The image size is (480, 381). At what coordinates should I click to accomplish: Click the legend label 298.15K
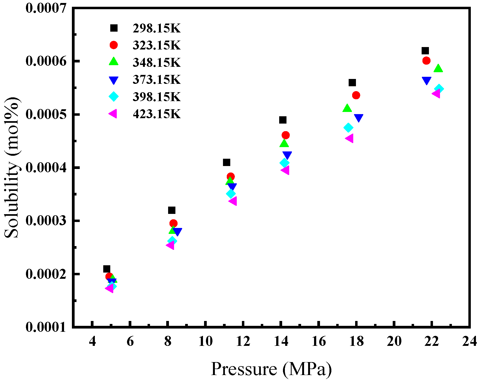(x=156, y=28)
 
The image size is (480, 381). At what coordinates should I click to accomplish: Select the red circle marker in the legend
(x=114, y=45)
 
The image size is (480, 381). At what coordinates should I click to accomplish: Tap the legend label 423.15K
(x=156, y=114)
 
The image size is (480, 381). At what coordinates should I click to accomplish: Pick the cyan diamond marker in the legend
(x=114, y=97)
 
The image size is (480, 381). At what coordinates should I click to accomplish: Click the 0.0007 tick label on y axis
(x=46, y=8)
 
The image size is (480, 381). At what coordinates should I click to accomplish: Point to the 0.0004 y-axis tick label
(x=46, y=168)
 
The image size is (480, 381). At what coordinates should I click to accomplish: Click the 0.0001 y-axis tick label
(x=46, y=327)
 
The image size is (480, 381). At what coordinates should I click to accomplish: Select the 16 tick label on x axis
(x=319, y=342)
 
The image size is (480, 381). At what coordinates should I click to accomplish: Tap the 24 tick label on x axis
(x=469, y=342)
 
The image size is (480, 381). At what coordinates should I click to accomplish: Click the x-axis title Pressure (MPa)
(x=271, y=369)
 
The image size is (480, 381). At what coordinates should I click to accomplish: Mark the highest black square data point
(x=425, y=51)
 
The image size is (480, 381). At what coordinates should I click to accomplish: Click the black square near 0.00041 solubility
(x=226, y=162)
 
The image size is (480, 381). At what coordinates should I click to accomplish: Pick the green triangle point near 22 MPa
(x=438, y=68)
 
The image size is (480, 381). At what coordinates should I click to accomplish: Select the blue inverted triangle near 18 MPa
(x=358, y=118)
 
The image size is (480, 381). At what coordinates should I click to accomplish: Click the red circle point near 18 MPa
(x=356, y=95)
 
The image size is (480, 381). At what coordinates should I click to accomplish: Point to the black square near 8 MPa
(x=172, y=210)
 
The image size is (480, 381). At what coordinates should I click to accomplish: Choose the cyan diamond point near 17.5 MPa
(x=348, y=127)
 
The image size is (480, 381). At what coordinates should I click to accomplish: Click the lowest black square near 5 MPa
(x=107, y=269)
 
